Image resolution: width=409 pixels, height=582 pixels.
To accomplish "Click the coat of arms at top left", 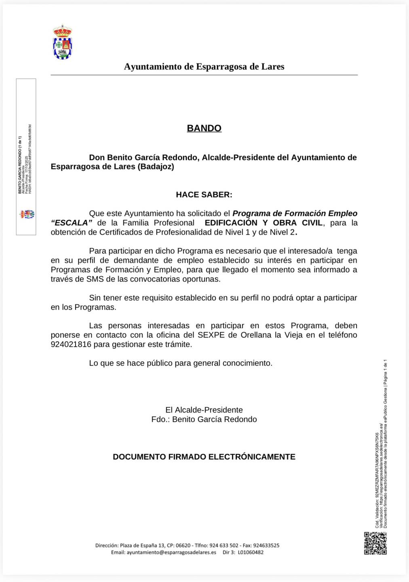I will pyautogui.click(x=63, y=42).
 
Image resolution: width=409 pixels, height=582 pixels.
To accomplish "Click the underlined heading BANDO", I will pyautogui.click(x=204, y=128).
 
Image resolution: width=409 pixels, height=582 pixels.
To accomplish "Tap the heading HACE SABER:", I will pyautogui.click(x=204, y=194).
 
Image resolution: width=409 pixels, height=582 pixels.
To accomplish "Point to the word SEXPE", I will pyautogui.click(x=211, y=335).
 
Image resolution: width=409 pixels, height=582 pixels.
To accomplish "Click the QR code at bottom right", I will pyautogui.click(x=375, y=543).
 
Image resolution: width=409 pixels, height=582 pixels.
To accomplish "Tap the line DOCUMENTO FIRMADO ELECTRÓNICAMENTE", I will pyautogui.click(x=204, y=457).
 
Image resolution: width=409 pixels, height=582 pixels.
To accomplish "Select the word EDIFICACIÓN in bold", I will pyautogui.click(x=231, y=223).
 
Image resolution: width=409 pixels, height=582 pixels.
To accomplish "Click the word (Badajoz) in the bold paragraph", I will pyautogui.click(x=156, y=167).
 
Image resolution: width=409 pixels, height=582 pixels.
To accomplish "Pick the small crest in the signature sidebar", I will pyautogui.click(x=27, y=214).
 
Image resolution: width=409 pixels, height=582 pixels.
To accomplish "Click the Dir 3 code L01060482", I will pyautogui.click(x=251, y=552).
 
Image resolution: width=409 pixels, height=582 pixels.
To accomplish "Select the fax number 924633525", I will pyautogui.click(x=266, y=545).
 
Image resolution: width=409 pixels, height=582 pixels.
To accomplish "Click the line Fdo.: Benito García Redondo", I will pyautogui.click(x=204, y=419).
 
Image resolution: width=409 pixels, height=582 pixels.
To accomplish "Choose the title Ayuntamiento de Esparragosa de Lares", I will pyautogui.click(x=204, y=67).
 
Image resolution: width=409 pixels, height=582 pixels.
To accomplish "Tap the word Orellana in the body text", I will pyautogui.click(x=256, y=335).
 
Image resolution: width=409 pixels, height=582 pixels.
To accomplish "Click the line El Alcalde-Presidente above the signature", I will pyautogui.click(x=204, y=410).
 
